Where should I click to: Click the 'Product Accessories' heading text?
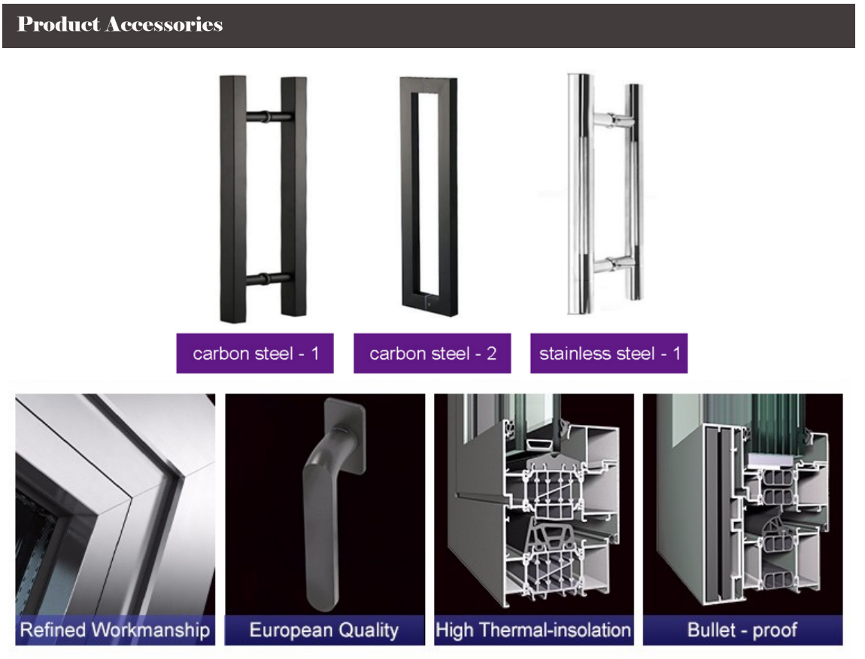(120, 25)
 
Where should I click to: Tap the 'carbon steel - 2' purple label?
(432, 354)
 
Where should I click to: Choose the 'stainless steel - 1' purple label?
(609, 354)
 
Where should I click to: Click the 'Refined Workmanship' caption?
(114, 630)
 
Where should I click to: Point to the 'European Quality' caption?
(323, 630)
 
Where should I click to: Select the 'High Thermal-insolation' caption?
(533, 630)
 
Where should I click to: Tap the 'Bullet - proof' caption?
(742, 630)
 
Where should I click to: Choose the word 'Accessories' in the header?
(164, 25)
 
